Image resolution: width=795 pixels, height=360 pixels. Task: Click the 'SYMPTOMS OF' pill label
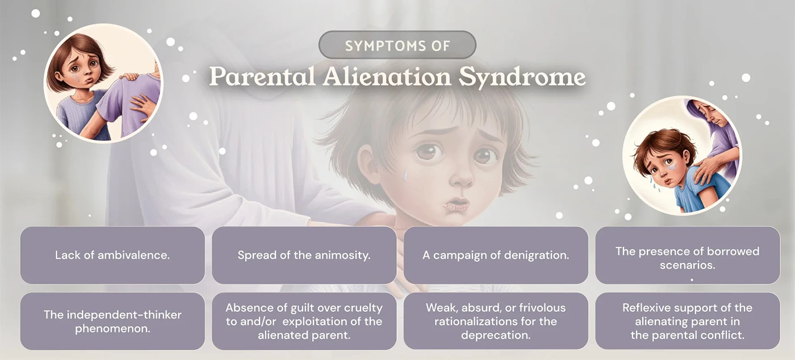pyautogui.click(x=397, y=45)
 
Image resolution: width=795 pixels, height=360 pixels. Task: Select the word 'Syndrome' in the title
pyautogui.click(x=522, y=78)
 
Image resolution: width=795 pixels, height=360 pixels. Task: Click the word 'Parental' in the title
pyautogui.click(x=263, y=78)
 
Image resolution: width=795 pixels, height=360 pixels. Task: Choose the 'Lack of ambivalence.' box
pyautogui.click(x=112, y=255)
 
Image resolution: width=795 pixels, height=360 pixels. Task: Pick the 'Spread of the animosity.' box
pyautogui.click(x=304, y=255)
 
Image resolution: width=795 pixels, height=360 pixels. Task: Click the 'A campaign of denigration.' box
pyautogui.click(x=495, y=255)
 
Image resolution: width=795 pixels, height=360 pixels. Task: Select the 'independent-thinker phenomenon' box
pyautogui.click(x=112, y=321)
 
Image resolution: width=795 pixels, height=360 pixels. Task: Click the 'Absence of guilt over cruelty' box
pyautogui.click(x=304, y=321)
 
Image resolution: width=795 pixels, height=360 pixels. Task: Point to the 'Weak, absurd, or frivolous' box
pyautogui.click(x=495, y=321)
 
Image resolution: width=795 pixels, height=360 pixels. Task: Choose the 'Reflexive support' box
pyautogui.click(x=687, y=321)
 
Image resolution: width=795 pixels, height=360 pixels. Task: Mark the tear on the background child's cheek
pyautogui.click(x=405, y=175)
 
